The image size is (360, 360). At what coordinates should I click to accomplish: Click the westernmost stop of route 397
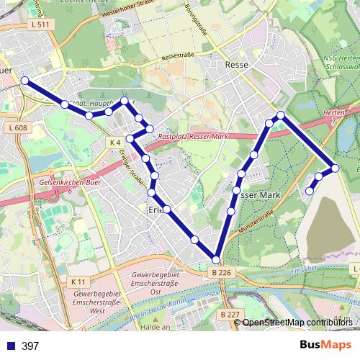click(24, 81)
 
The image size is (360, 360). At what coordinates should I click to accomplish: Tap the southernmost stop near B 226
click(216, 259)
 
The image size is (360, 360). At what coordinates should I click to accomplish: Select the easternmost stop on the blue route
click(335, 168)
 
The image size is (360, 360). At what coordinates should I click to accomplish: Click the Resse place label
click(237, 65)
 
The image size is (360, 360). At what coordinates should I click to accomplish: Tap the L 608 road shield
click(19, 128)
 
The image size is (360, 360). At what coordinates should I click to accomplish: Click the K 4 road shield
click(115, 143)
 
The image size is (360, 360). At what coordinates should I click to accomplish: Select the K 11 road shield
click(78, 281)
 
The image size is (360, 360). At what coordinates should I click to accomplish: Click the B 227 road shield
click(230, 315)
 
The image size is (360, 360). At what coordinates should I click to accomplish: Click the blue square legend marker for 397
click(10, 346)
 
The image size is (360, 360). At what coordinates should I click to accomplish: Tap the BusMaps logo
click(326, 346)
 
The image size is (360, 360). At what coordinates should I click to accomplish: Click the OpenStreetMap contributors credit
click(297, 323)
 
